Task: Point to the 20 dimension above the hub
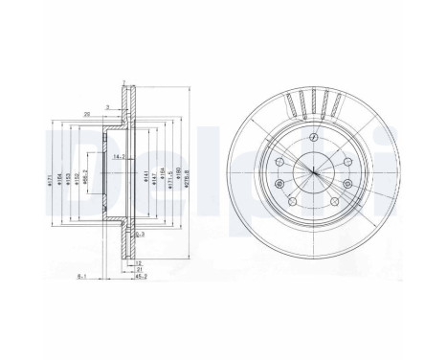pos(87,113)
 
